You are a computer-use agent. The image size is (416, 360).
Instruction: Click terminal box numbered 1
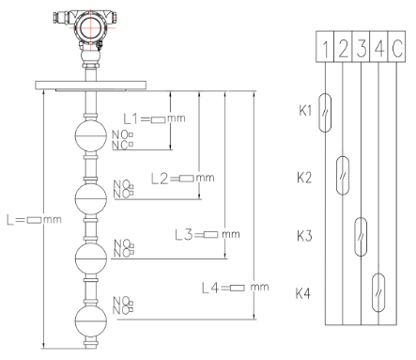(325, 46)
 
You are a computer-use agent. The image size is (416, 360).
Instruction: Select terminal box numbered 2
(343, 46)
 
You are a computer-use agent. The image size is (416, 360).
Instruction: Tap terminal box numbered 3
(361, 46)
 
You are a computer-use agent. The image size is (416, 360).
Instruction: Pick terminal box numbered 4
(378, 46)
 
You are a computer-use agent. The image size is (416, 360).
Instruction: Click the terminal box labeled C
(396, 46)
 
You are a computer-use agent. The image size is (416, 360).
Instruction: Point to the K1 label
(305, 110)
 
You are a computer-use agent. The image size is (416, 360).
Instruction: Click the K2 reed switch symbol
(343, 176)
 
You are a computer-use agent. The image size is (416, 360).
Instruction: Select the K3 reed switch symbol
(361, 237)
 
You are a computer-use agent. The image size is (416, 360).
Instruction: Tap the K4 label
(303, 293)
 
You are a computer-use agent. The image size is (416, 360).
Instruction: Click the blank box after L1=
(159, 119)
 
